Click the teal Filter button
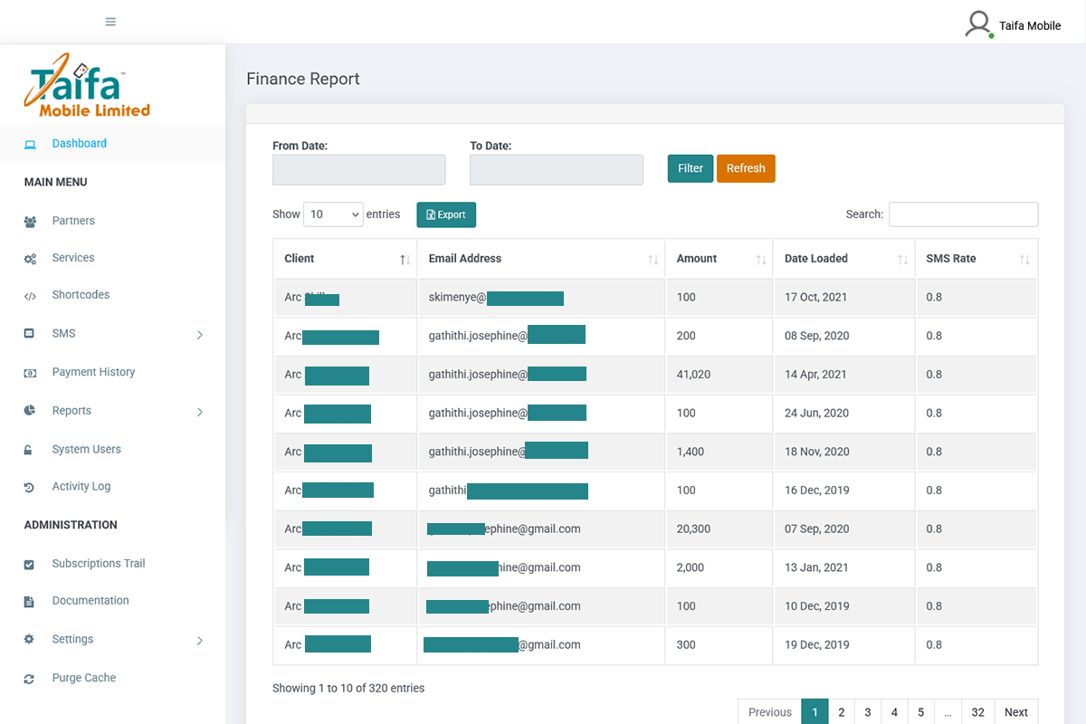click(690, 168)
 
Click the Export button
click(446, 214)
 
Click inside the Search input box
click(963, 214)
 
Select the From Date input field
click(358, 170)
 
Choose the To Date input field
click(556, 170)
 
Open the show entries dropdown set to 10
click(333, 214)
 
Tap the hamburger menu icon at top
click(110, 22)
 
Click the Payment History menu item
click(93, 372)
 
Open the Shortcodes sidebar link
click(81, 295)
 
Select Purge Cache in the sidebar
click(83, 678)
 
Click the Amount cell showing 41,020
click(693, 375)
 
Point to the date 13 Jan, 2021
click(816, 567)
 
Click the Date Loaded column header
click(816, 259)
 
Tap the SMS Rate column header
click(950, 259)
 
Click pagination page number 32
click(977, 712)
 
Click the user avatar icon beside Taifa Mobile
click(978, 24)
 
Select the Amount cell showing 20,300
click(693, 529)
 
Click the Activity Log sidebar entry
click(81, 486)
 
